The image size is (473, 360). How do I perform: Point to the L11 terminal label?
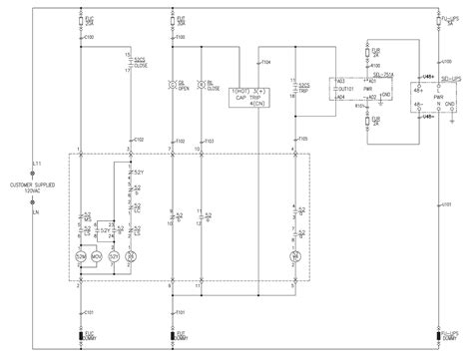coord(36,162)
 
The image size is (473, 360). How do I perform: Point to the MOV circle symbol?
coord(98,257)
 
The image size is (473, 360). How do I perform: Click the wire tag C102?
coord(139,140)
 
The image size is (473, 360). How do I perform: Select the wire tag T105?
coord(303,140)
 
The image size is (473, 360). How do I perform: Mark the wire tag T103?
coord(209,142)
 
